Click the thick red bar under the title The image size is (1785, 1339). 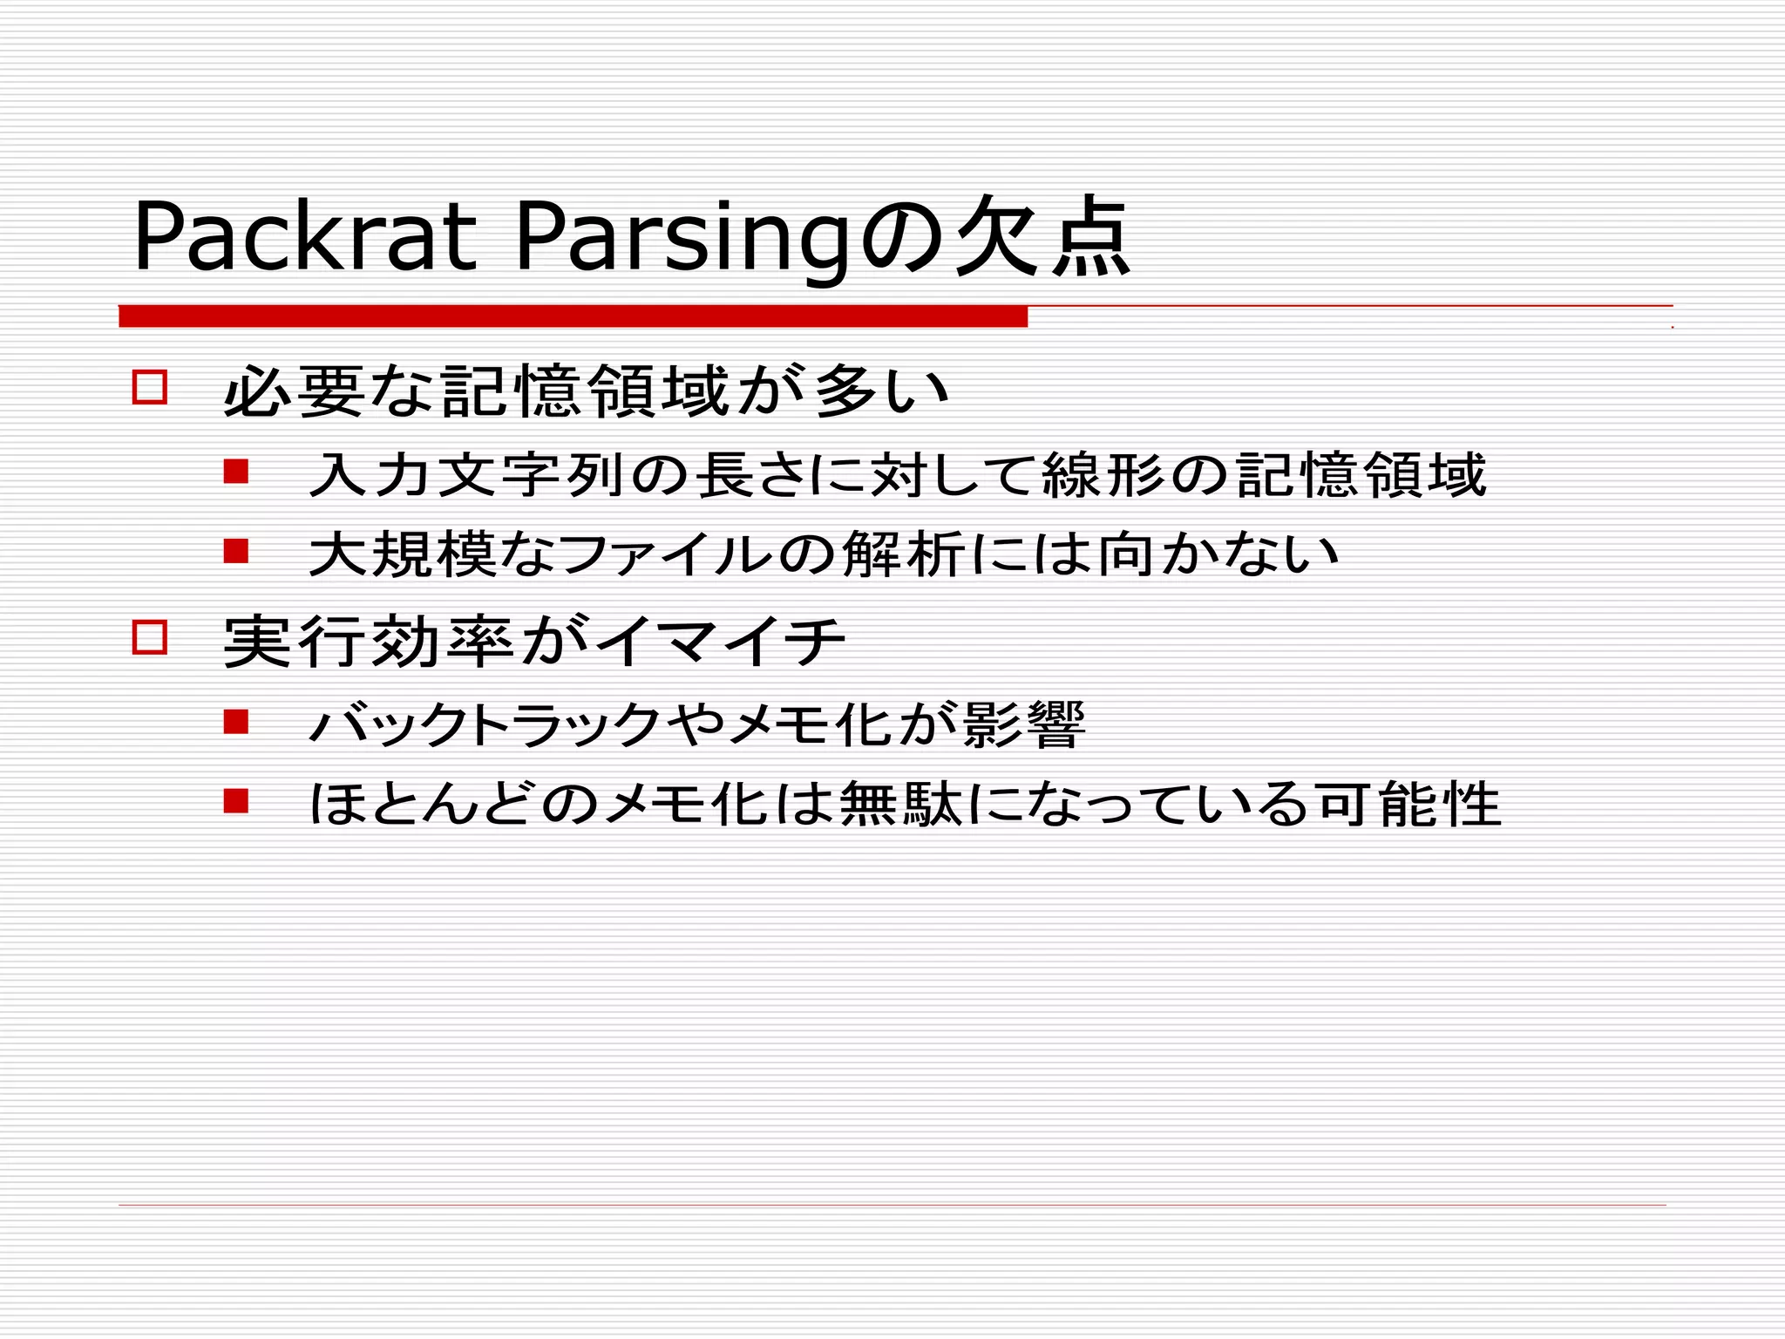click(573, 316)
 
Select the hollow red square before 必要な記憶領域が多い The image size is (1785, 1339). click(150, 387)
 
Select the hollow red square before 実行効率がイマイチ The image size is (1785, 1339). click(150, 637)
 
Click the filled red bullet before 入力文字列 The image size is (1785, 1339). click(236, 472)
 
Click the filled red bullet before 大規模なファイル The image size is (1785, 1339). click(236, 550)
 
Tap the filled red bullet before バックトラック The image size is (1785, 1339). click(236, 721)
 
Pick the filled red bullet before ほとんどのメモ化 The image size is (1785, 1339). click(236, 800)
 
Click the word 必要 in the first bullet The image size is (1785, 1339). click(294, 391)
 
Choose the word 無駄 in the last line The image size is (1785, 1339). click(900, 804)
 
